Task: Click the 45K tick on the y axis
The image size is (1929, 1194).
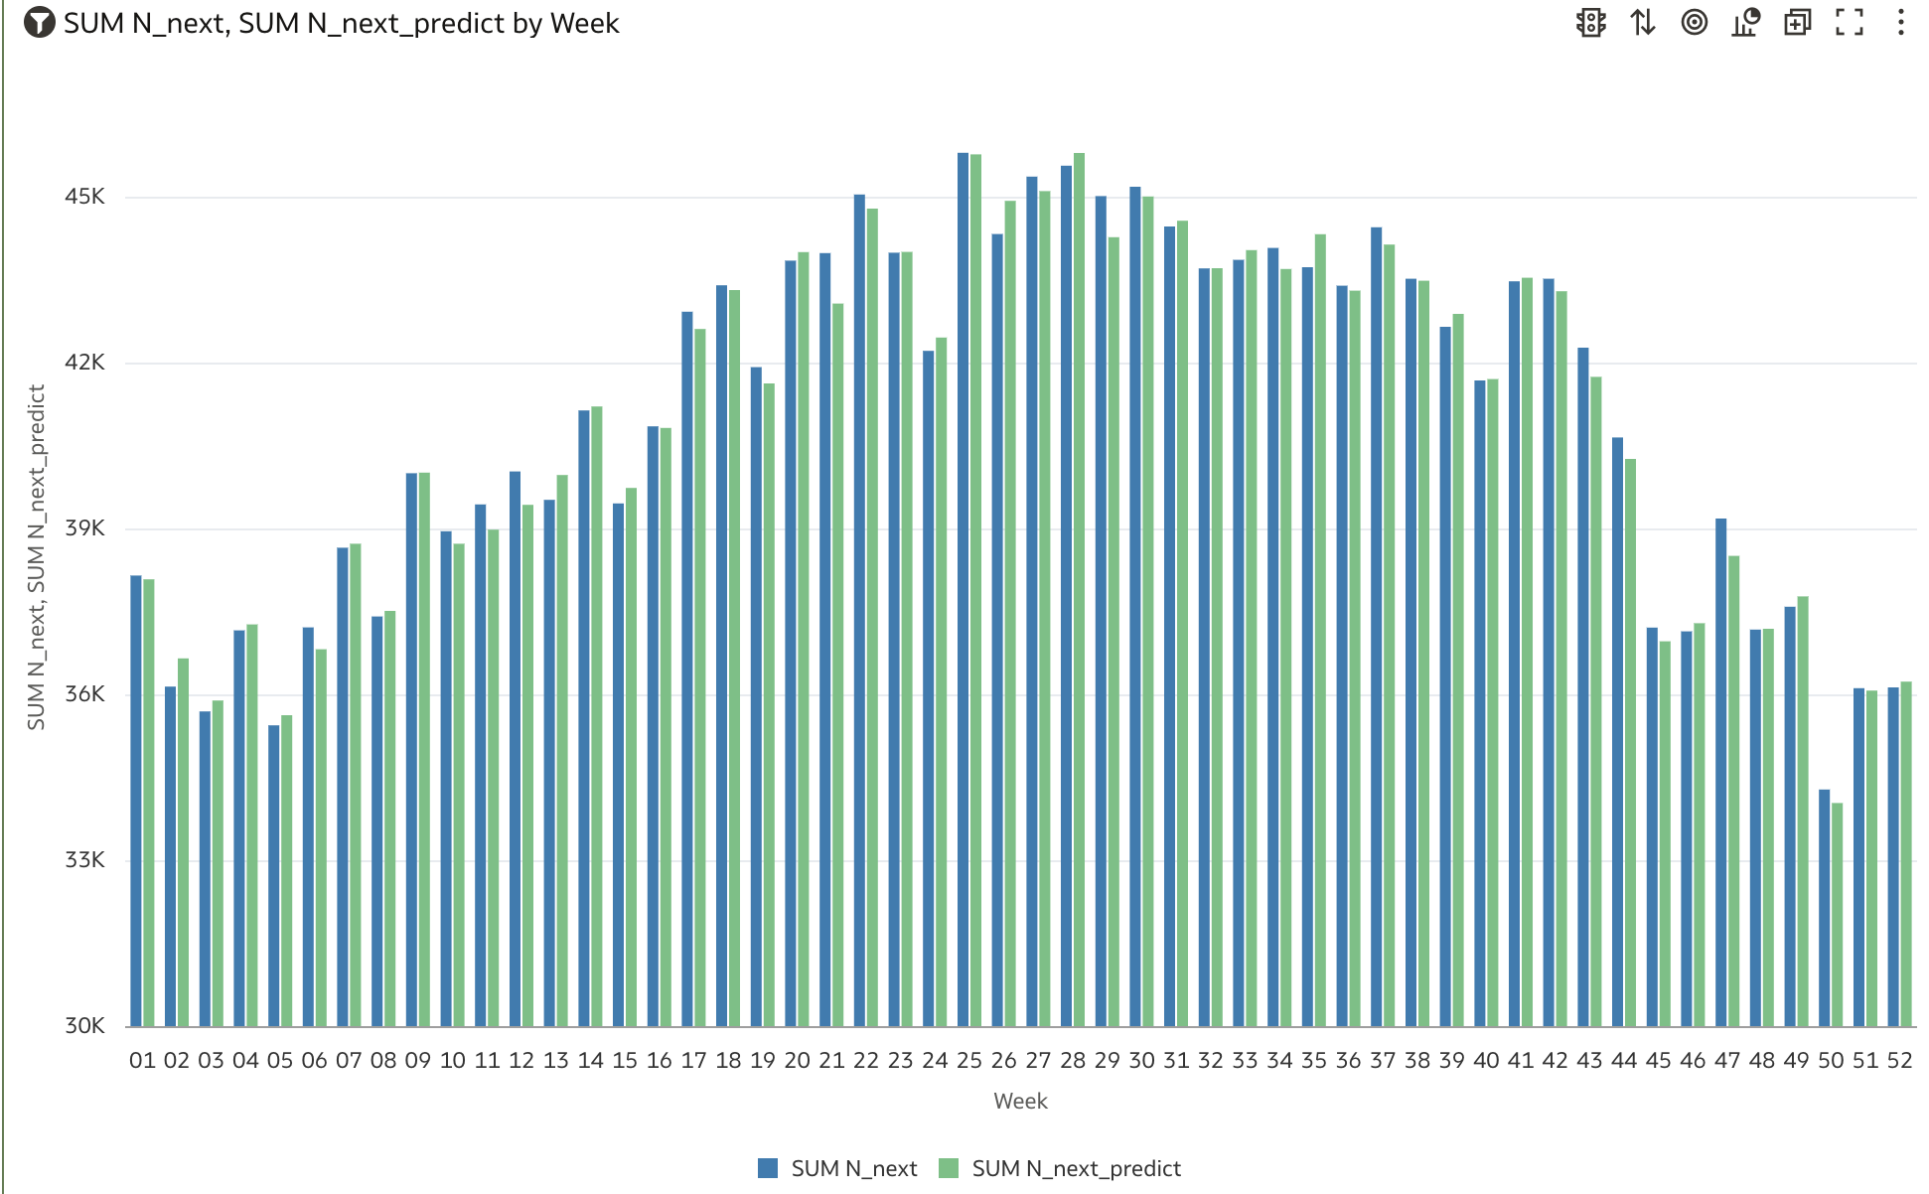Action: [x=84, y=197]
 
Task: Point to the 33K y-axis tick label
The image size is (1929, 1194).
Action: [x=84, y=860]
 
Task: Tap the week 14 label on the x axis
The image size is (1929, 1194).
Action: [x=590, y=1061]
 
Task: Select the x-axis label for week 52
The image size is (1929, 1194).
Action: [x=1899, y=1061]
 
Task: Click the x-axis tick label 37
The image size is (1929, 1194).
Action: [x=1383, y=1061]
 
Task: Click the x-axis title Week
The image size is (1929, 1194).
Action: [x=1020, y=1102]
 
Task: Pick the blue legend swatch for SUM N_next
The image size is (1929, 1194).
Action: [x=768, y=1168]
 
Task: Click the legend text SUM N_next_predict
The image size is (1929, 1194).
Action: [x=1076, y=1169]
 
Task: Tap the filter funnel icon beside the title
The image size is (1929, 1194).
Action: [x=39, y=23]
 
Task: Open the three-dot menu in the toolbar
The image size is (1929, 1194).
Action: [x=1900, y=23]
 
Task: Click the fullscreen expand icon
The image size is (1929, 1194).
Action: [x=1849, y=23]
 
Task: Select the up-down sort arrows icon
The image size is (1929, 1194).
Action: [x=1643, y=23]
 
